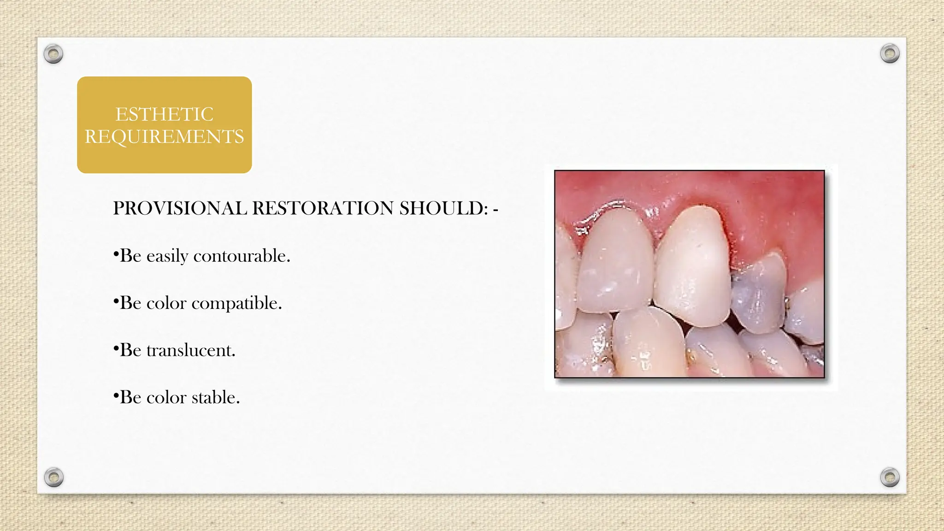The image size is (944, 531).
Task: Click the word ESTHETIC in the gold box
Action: point(164,114)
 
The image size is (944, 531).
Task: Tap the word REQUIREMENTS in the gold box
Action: point(164,137)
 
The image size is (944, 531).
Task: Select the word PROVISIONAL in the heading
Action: point(180,208)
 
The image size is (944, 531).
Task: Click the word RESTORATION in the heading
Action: point(323,208)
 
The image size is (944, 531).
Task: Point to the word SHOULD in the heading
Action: point(442,208)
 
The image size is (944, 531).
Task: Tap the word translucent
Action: point(191,350)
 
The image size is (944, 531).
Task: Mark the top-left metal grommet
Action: point(53,54)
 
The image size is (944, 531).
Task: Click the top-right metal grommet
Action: point(890,54)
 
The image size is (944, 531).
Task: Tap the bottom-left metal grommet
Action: point(53,477)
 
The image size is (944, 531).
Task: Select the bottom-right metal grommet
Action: point(890,477)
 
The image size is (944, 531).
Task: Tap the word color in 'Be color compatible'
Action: point(166,303)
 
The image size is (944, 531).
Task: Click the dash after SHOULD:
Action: point(496,210)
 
